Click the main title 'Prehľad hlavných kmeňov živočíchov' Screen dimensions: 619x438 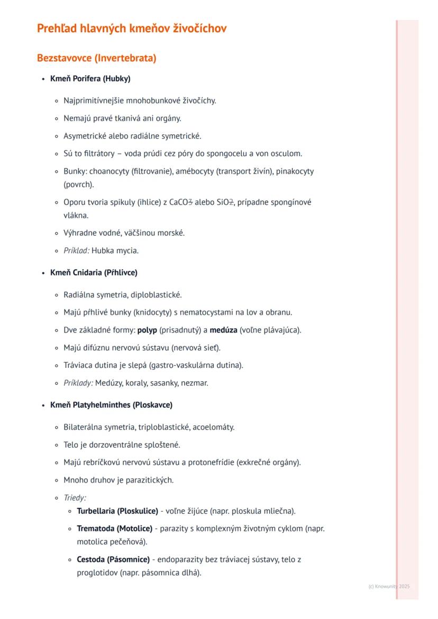click(x=132, y=29)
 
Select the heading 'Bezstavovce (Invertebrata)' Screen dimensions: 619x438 click(x=96, y=58)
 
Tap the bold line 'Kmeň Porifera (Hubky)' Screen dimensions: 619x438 click(x=90, y=79)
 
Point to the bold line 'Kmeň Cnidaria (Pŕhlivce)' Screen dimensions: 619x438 click(x=94, y=273)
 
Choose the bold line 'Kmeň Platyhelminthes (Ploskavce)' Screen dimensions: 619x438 click(x=111, y=405)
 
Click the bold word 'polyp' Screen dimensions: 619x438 click(x=147, y=330)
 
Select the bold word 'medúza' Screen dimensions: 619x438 click(x=223, y=330)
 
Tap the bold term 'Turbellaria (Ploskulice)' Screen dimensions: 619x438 click(x=117, y=511)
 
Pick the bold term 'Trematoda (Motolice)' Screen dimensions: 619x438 click(x=114, y=529)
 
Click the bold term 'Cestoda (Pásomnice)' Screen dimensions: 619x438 click(x=113, y=559)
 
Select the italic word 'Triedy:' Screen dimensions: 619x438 click(x=75, y=497)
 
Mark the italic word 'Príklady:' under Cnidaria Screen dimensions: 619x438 click(x=78, y=383)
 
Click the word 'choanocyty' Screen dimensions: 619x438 click(x=107, y=171)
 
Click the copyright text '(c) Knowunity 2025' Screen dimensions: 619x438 click(x=389, y=586)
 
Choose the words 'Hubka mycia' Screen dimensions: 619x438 click(x=115, y=251)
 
